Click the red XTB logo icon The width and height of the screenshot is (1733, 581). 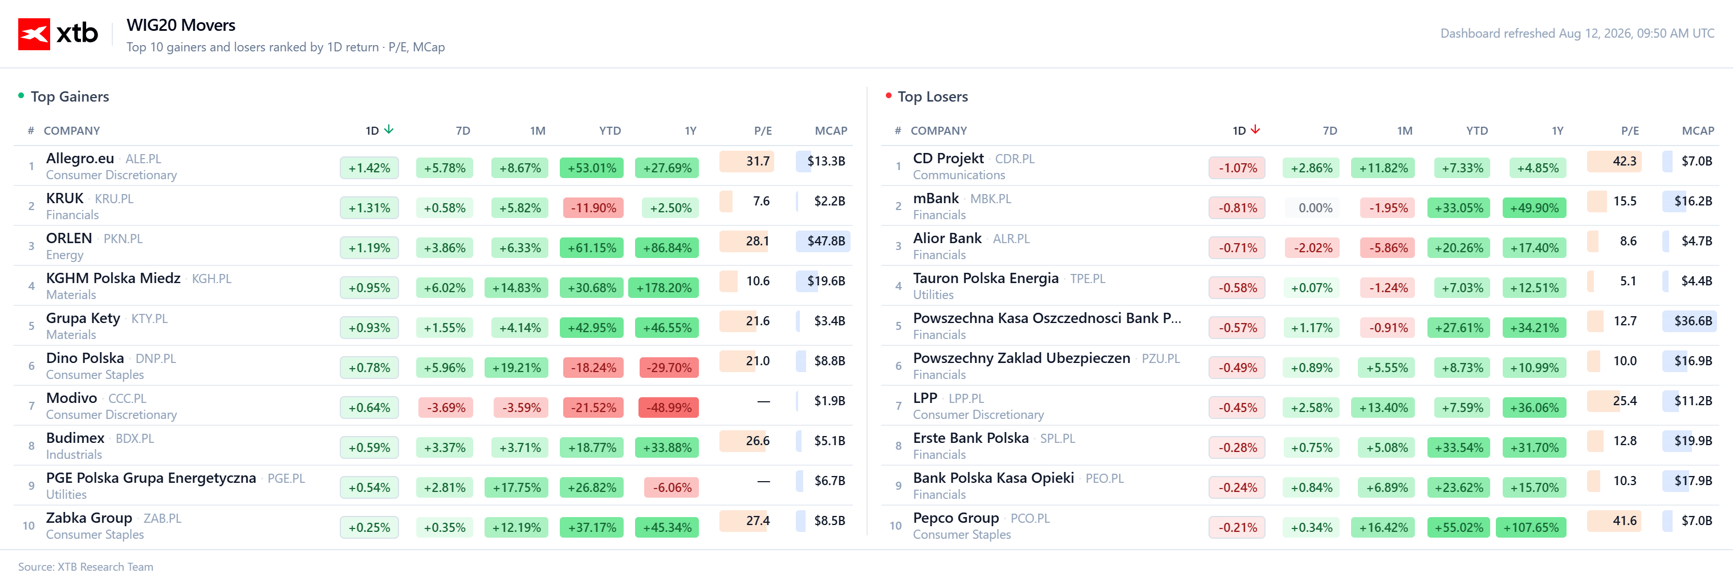pyautogui.click(x=34, y=34)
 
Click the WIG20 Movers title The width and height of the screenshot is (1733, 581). pyautogui.click(x=181, y=25)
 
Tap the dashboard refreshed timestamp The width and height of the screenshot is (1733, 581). pyautogui.click(x=1577, y=33)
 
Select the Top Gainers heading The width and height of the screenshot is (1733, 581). pyautogui.click(x=70, y=96)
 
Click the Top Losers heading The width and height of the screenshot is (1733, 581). pyautogui.click(x=933, y=96)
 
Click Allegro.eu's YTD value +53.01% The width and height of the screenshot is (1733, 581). pyautogui.click(x=591, y=168)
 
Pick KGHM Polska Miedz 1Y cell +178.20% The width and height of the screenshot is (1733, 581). pyautogui.click(x=664, y=288)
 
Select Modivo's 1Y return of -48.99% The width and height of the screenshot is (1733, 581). pyautogui.click(x=669, y=407)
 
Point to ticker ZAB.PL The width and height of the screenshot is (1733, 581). pyautogui.click(x=162, y=518)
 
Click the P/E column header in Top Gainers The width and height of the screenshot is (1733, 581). pyautogui.click(x=762, y=131)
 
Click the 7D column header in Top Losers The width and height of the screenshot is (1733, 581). pyautogui.click(x=1329, y=131)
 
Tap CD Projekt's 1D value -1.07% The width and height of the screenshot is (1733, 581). pyautogui.click(x=1237, y=168)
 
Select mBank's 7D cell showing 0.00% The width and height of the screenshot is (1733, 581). pyautogui.click(x=1315, y=208)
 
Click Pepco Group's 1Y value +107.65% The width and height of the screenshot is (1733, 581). pyautogui.click(x=1531, y=527)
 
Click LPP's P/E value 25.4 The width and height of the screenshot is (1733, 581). pyautogui.click(x=1624, y=401)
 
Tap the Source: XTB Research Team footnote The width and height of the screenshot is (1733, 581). pyautogui.click(x=86, y=566)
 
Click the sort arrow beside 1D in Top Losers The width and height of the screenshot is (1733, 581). pyautogui.click(x=1255, y=129)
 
